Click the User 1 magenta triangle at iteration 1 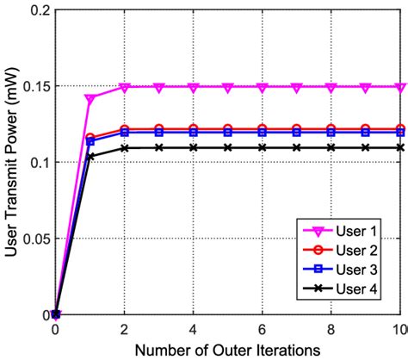pos(90,98)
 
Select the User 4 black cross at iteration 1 pos(90,156)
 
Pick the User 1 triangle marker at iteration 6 pos(263,87)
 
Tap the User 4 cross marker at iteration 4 pos(194,147)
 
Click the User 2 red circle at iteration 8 pos(331,129)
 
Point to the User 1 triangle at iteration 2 pos(125,87)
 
